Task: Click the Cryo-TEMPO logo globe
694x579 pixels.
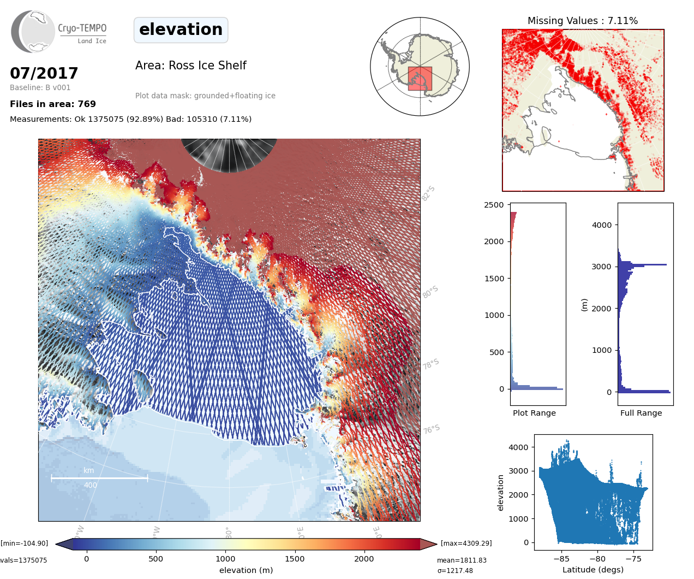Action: click(34, 32)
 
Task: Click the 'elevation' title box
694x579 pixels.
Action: click(181, 29)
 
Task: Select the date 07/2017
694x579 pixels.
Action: click(44, 73)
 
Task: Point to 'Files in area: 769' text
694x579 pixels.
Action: click(53, 104)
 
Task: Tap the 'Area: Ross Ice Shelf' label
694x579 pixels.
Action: click(190, 66)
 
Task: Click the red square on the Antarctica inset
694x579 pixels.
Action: click(420, 79)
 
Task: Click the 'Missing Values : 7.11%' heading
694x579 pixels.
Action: click(582, 21)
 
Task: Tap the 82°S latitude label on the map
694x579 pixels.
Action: click(428, 193)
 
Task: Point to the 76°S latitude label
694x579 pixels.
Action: click(431, 429)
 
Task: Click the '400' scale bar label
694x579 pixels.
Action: click(91, 485)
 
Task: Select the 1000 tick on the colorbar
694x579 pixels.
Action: click(225, 559)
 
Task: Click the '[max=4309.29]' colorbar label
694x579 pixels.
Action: click(466, 543)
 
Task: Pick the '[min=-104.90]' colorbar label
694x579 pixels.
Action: click(25, 543)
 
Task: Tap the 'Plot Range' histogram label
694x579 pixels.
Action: click(534, 413)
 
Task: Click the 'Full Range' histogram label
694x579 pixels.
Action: click(641, 413)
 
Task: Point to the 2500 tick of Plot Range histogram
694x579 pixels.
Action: click(494, 205)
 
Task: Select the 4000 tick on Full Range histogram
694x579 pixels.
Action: click(602, 225)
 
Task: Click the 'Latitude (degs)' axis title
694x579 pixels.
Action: click(593, 570)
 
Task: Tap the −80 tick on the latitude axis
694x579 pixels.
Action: click(597, 559)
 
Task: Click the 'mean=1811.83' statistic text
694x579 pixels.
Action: click(462, 560)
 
